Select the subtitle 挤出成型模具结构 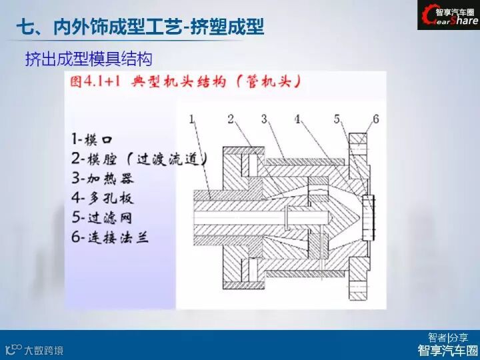(89, 59)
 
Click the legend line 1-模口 (93, 140)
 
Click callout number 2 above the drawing (230, 119)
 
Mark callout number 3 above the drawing (264, 119)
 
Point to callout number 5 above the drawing (338, 119)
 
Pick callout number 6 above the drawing (375, 119)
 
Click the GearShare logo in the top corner (448, 16)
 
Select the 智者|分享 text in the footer (448, 337)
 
